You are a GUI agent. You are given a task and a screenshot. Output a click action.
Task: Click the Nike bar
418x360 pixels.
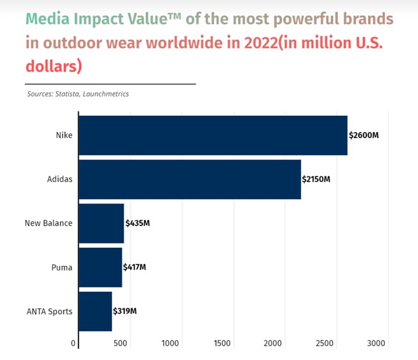[x=213, y=135]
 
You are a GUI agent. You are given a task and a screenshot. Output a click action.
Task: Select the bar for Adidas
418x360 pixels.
[x=190, y=179]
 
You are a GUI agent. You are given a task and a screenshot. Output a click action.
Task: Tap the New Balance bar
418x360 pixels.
[x=101, y=223]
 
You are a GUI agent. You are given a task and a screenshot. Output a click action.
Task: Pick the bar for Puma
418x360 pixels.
[x=100, y=267]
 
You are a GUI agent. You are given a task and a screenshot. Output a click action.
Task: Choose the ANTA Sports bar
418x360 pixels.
[x=95, y=311]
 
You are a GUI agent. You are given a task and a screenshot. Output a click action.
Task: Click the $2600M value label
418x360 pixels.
[x=363, y=135]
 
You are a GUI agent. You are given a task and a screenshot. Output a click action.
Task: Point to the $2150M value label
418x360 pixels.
[x=316, y=179]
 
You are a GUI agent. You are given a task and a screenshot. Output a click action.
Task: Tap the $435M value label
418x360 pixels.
[x=137, y=223]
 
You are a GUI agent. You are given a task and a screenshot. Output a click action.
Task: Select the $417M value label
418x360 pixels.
[x=135, y=267]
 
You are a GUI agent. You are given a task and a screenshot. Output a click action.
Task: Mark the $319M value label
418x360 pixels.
[x=125, y=311]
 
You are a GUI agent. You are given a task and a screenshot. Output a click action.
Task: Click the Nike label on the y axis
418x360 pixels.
[x=64, y=135]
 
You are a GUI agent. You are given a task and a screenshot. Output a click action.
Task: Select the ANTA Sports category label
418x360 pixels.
[x=49, y=311]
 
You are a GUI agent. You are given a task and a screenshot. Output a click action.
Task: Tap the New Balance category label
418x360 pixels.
[x=48, y=223]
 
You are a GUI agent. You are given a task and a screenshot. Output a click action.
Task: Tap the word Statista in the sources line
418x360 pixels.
[x=67, y=94]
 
